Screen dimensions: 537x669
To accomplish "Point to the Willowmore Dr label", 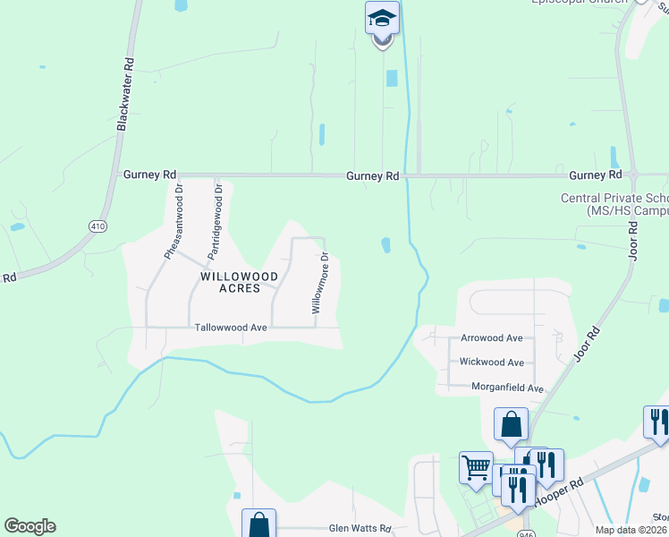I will tap(319, 282).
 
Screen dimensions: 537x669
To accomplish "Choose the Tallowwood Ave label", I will tap(231, 328).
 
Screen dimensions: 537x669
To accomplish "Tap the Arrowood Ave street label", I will tap(491, 338).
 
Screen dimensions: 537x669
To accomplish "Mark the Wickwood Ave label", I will tap(491, 362).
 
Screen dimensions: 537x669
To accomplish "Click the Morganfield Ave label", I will tap(501, 388).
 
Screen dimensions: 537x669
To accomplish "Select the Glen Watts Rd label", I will tap(360, 529).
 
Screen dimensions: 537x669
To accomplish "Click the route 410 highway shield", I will tap(97, 227).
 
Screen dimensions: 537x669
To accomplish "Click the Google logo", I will tap(30, 526).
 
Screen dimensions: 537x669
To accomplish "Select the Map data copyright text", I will tap(631, 530).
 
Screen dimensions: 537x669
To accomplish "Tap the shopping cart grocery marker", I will tap(476, 466).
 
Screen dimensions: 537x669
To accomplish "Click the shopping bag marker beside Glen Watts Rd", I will tap(258, 524).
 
